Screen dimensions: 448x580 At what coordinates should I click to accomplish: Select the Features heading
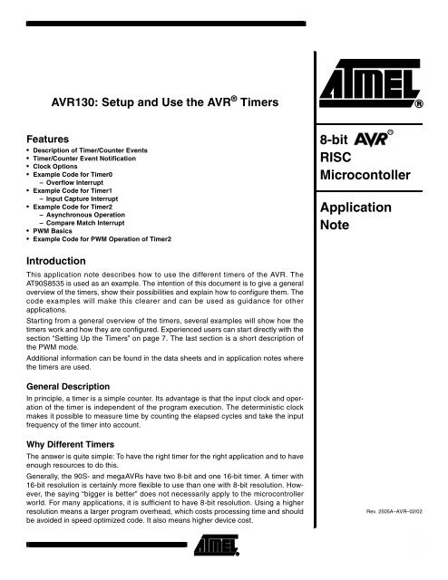[x=49, y=133]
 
